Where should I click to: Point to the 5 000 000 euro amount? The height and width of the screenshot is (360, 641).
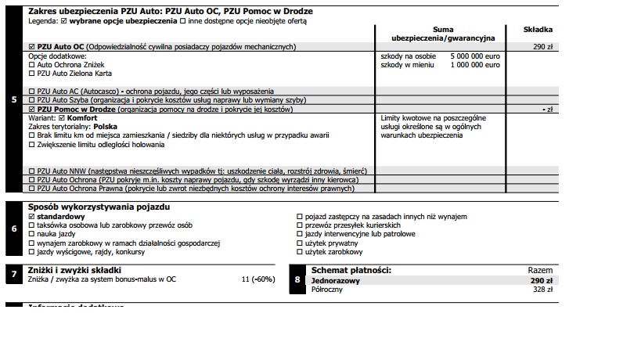(x=474, y=57)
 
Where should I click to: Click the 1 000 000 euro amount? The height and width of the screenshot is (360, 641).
(x=474, y=65)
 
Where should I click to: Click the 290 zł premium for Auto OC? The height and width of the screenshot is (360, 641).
(x=543, y=47)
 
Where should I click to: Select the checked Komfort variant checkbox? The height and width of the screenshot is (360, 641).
(x=62, y=117)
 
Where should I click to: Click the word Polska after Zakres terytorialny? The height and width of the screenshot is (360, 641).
(x=105, y=126)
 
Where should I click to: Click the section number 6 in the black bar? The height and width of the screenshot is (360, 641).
(x=15, y=229)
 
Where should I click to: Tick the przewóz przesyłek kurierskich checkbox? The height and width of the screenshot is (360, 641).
(x=299, y=225)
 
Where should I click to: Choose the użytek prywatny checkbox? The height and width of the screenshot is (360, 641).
(x=299, y=243)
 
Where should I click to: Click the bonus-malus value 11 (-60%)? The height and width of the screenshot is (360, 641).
(x=258, y=279)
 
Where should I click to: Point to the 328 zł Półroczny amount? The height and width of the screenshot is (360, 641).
(x=542, y=289)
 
